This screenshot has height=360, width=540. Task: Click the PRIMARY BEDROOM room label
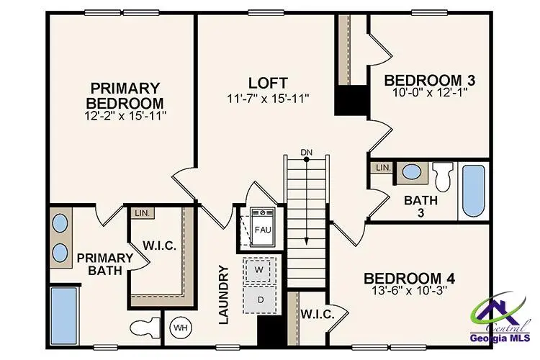click(123, 95)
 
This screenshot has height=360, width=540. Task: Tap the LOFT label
click(268, 82)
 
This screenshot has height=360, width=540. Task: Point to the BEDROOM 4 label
click(408, 279)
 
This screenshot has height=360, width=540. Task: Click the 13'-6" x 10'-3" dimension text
click(409, 292)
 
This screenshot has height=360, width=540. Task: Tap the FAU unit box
click(262, 230)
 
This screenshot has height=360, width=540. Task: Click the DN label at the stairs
click(307, 152)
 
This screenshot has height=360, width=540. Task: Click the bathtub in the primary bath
click(63, 314)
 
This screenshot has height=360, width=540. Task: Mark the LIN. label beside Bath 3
click(382, 167)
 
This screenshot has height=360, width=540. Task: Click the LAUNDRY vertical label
click(222, 294)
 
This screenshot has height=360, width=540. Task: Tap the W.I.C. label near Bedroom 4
click(315, 314)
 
